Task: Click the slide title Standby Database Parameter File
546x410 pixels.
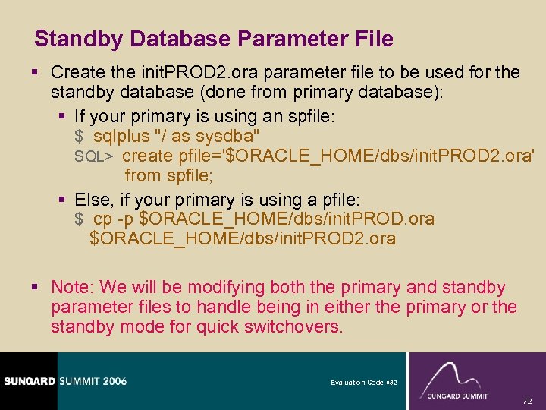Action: pos(214,39)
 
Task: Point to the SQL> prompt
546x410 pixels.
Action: pos(94,156)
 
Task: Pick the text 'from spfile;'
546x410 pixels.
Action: pos(169,175)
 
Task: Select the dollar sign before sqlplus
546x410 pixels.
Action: pos(79,137)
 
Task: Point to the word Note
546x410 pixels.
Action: pos(71,288)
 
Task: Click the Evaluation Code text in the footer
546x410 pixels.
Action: pos(359,383)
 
